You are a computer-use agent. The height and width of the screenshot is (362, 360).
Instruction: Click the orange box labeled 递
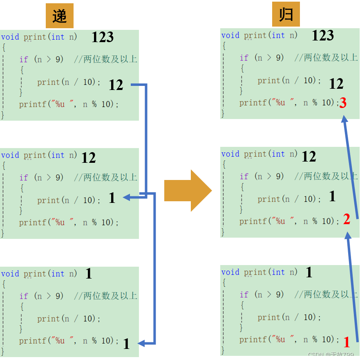click(x=60, y=16)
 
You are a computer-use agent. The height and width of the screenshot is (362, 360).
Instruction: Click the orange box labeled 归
click(x=286, y=14)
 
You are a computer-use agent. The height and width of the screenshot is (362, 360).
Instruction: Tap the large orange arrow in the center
click(x=188, y=191)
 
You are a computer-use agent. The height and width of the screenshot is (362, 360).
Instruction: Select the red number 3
click(x=343, y=103)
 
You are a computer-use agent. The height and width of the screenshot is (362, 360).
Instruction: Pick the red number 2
click(x=347, y=219)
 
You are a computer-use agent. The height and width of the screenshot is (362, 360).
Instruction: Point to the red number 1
click(x=347, y=342)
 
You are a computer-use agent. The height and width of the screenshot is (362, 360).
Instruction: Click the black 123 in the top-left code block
click(x=103, y=37)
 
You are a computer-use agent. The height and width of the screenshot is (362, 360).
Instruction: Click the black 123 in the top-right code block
click(x=323, y=36)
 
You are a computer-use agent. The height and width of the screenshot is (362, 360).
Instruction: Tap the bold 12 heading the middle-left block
click(x=89, y=157)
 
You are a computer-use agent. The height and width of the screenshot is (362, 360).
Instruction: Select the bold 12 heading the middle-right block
click(x=309, y=156)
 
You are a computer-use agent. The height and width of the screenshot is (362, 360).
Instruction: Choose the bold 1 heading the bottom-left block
click(x=89, y=274)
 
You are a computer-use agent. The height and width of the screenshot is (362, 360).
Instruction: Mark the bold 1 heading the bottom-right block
click(x=309, y=272)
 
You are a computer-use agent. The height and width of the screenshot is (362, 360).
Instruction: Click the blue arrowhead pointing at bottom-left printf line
click(x=141, y=343)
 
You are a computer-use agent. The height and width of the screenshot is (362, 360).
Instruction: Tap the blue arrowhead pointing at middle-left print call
click(x=127, y=197)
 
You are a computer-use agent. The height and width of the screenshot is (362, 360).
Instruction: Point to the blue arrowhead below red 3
click(x=344, y=119)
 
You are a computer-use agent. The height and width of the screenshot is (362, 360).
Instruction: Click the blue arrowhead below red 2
click(x=348, y=236)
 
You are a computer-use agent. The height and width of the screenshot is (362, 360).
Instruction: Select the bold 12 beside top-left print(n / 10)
click(x=116, y=85)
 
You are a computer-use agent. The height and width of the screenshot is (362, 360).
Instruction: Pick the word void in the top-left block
click(x=10, y=37)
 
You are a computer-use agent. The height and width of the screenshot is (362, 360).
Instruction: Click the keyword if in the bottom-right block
click(x=244, y=295)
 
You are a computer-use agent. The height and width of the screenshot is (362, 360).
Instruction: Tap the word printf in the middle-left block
click(x=33, y=223)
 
